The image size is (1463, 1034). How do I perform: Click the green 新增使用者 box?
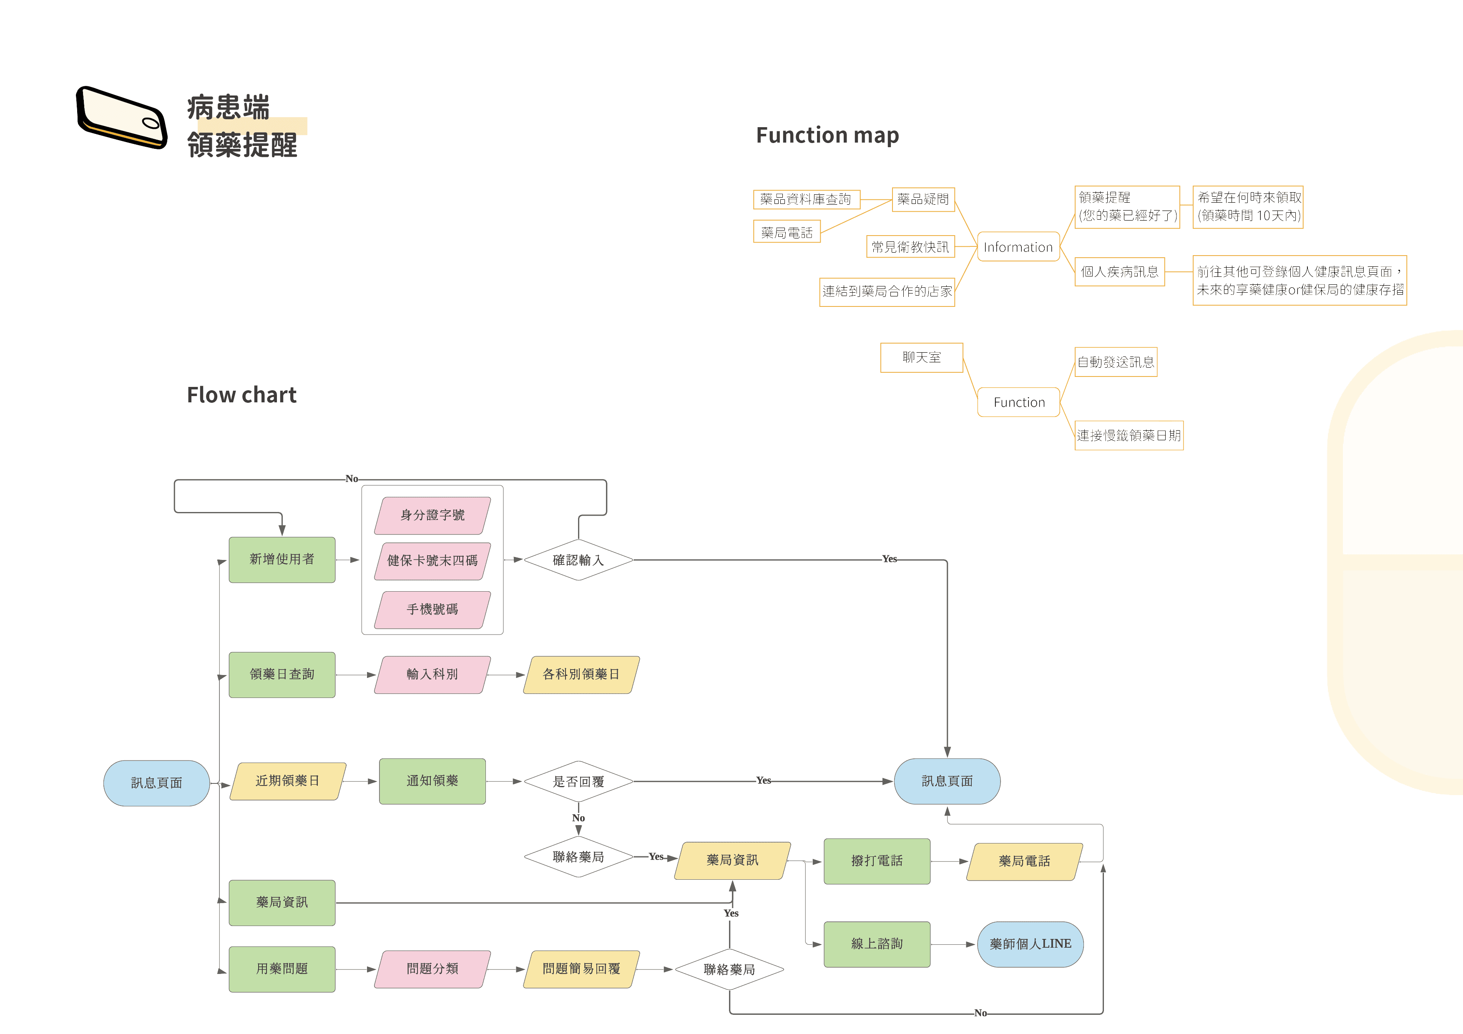pos(282,560)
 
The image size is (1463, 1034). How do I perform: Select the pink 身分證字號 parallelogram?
pos(432,515)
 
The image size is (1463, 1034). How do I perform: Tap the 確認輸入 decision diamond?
pos(578,560)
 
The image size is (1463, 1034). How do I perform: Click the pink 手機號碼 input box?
pos(432,609)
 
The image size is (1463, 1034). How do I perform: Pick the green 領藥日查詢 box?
pos(282,674)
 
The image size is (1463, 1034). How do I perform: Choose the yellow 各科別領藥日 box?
pos(581,674)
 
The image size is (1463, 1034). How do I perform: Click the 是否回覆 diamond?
pos(578,781)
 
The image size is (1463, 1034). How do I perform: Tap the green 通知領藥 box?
pos(432,781)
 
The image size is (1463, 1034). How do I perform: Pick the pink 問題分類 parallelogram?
pos(432,969)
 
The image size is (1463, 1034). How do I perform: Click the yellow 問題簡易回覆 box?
pos(581,969)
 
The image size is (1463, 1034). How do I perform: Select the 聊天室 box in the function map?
pos(921,357)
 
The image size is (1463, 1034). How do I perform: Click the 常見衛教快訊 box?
pos(910,246)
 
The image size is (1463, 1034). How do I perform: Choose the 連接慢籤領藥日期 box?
pos(1129,435)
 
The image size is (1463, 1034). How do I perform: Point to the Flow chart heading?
pos(241,395)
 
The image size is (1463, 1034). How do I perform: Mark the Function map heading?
pos(827,135)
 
